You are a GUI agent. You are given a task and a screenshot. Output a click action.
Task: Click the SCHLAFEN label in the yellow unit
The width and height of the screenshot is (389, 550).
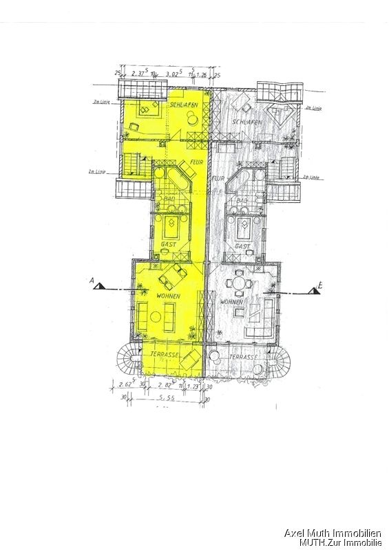click(x=184, y=104)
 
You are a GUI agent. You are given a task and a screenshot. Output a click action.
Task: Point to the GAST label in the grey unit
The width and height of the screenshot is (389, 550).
click(x=242, y=245)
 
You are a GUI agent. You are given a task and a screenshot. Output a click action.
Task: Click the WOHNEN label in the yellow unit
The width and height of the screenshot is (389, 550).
click(x=168, y=296)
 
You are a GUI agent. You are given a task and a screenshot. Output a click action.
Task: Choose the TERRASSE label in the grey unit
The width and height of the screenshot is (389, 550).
click(x=244, y=358)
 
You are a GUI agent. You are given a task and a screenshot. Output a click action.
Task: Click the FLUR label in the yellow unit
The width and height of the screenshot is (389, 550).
click(x=196, y=163)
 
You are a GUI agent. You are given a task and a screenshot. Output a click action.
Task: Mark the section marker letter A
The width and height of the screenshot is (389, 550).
click(x=90, y=280)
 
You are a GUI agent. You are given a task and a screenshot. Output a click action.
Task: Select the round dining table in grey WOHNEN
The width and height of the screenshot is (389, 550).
click(x=240, y=280)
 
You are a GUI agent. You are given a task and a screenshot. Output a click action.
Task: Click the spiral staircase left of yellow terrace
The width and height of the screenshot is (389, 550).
click(x=128, y=357)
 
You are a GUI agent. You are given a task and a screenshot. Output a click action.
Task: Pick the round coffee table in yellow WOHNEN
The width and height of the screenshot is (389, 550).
click(x=156, y=316)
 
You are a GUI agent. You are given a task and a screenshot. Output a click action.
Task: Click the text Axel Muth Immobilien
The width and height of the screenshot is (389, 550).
click(x=333, y=533)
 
